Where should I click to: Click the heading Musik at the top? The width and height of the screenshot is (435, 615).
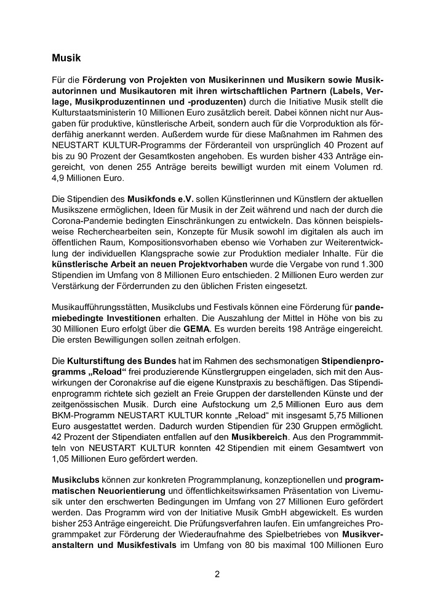(x=66, y=59)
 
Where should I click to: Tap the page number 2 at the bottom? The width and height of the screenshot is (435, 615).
(x=217, y=574)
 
